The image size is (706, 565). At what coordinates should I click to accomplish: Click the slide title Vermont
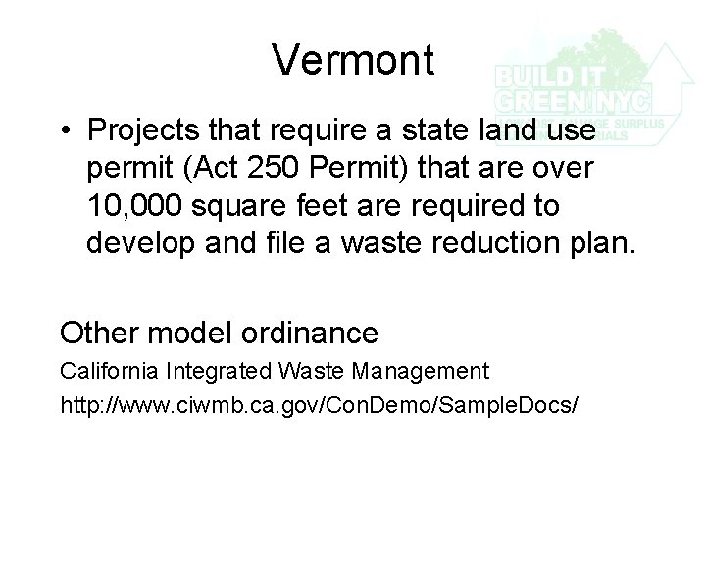pyautogui.click(x=353, y=60)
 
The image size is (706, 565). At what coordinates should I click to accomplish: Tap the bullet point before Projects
pyautogui.click(x=65, y=130)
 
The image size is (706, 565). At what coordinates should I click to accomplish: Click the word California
pyautogui.click(x=111, y=372)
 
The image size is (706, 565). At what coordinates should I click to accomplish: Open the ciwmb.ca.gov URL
pyautogui.click(x=320, y=402)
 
